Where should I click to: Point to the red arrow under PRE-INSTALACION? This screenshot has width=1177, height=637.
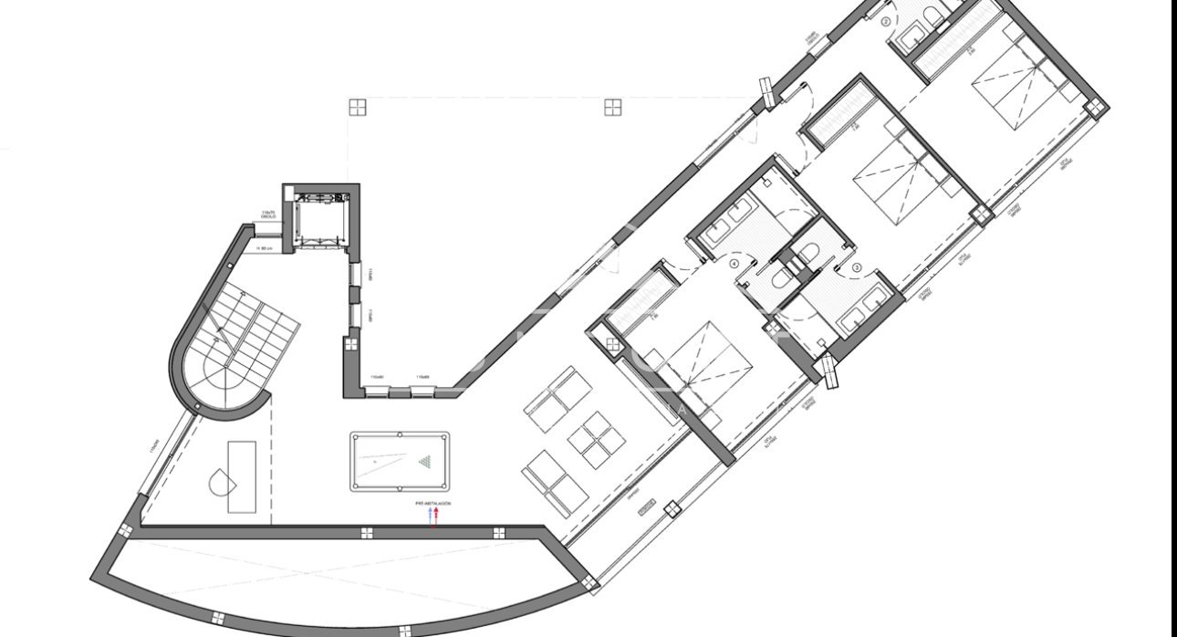(437, 516)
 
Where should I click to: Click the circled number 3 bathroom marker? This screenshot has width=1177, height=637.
(856, 267)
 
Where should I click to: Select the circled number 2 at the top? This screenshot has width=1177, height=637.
(886, 22)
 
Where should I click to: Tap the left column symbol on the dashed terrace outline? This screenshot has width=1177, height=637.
(358, 107)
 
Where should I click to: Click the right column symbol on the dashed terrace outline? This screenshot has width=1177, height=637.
(613, 107)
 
